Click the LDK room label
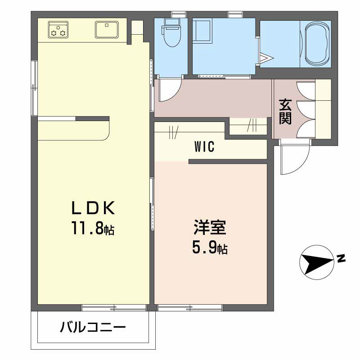coord(93,208)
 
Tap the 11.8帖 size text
coord(93,228)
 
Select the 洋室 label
coord(210,227)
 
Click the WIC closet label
coord(204,147)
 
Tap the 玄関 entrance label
coord(285,112)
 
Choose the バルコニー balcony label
coord(93,327)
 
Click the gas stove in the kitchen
coord(58,30)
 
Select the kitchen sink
coord(107,30)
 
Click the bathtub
coord(316,44)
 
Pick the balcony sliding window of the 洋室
coord(190,308)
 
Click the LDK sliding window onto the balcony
coord(114,308)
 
